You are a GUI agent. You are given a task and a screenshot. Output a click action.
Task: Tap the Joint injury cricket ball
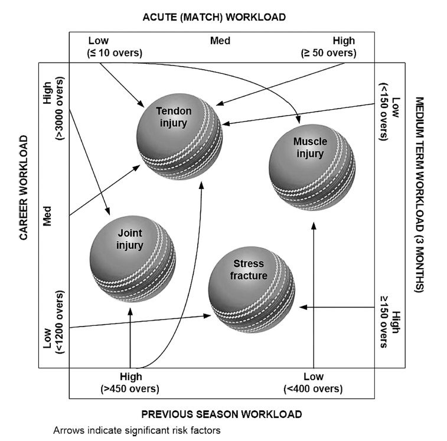pos(132,254)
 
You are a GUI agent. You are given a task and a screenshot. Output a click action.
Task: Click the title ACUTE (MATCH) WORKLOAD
pos(214,17)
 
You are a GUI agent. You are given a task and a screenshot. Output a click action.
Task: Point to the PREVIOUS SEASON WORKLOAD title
pos(221,414)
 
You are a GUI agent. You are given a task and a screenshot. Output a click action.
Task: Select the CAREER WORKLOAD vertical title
pos(24,188)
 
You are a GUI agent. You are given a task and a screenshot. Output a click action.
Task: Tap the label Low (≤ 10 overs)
pos(115,47)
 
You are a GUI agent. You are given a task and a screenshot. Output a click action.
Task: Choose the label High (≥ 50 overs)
pos(328,47)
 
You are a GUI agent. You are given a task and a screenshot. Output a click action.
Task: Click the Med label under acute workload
pos(220,41)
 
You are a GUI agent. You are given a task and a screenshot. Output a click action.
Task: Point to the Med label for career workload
pos(48,215)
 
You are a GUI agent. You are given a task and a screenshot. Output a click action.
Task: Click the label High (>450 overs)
pos(130,383)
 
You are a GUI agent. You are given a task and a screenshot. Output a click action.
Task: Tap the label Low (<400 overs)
pos(313,383)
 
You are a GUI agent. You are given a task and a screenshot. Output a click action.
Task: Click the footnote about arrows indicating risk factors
pos(136,431)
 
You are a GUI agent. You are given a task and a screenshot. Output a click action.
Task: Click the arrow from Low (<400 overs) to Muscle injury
pos(313,295)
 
